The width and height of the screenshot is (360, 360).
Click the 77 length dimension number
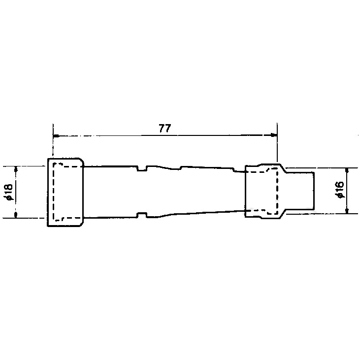165,129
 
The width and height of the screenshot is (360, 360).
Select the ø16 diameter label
340,190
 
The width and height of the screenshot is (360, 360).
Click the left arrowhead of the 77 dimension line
56,136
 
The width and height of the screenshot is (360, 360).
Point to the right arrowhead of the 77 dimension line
274,135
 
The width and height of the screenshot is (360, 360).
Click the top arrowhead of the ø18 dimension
16,169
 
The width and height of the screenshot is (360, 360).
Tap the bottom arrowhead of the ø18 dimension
16,215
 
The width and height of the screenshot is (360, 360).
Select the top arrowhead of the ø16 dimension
347,171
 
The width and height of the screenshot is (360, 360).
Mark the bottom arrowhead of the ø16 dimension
347,211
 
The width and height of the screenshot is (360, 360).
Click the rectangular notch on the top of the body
142,168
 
